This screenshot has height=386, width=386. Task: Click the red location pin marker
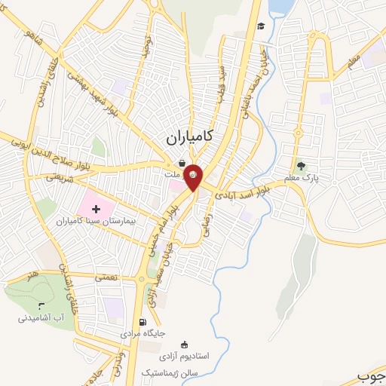click(x=193, y=176)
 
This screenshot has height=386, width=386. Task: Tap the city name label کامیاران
click(x=188, y=139)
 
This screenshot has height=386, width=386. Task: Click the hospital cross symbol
click(x=96, y=208)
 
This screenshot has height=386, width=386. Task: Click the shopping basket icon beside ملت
click(x=181, y=164)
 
